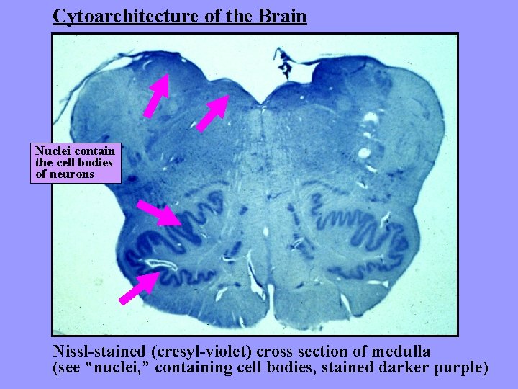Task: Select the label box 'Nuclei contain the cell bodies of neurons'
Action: [x=76, y=163]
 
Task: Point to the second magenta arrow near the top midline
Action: [x=213, y=113]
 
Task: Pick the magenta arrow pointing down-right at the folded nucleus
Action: [x=160, y=213]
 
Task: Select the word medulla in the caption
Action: [x=400, y=352]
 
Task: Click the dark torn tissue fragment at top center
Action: [x=286, y=63]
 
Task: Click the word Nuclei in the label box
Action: [x=51, y=151]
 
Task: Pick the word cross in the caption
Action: [x=282, y=352]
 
